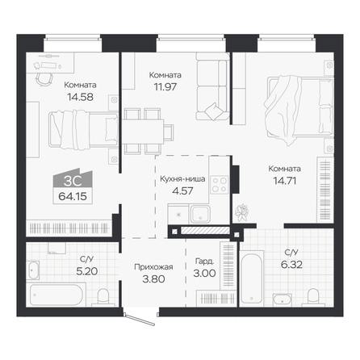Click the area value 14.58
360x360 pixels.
(80, 97)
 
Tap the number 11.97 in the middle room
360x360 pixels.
(165, 87)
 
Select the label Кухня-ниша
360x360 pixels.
(182, 179)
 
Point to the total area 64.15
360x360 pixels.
(73, 196)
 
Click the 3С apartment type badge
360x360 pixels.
(73, 179)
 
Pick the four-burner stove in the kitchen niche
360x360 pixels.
(219, 185)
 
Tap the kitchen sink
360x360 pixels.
(200, 214)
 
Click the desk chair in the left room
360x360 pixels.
(44, 78)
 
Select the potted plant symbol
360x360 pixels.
(241, 212)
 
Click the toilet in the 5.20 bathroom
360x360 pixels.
(103, 298)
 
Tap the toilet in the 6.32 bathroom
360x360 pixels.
(312, 297)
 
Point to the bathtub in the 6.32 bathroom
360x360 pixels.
(251, 278)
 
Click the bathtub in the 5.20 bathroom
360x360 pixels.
(56, 295)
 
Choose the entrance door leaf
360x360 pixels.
(140, 320)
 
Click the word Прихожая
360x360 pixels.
(153, 267)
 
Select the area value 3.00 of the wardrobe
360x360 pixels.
(204, 274)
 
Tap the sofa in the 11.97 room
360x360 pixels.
(212, 86)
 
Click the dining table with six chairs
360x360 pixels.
(148, 132)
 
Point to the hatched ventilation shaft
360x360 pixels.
(204, 231)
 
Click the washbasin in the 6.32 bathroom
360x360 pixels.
(282, 299)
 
